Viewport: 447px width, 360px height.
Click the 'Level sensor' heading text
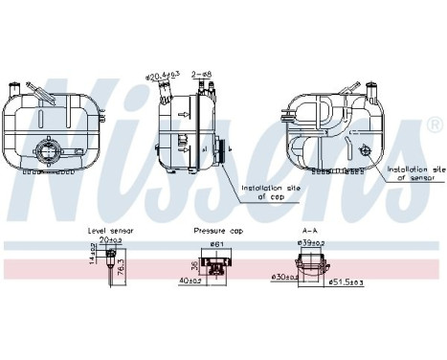(x=111, y=232)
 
